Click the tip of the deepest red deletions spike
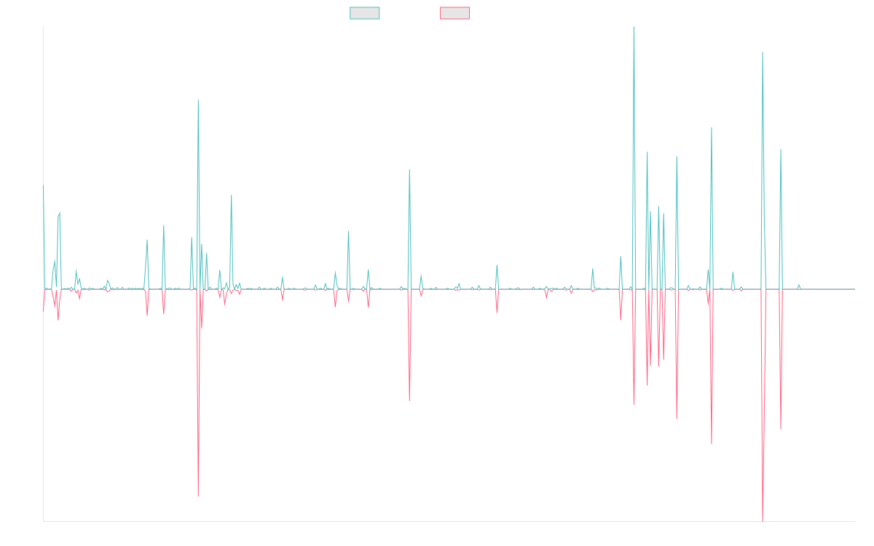[763, 521]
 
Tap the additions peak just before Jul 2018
[198, 100]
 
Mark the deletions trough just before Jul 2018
[198, 496]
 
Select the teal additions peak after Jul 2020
[409, 170]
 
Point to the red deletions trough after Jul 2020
[409, 400]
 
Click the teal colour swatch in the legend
[365, 13]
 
